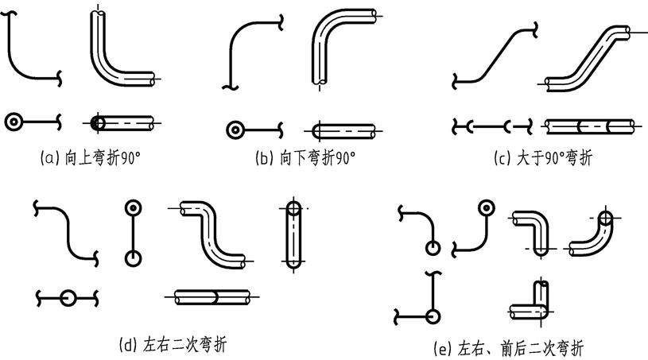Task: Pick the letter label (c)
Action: tap(502, 158)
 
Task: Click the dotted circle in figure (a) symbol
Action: tap(14, 122)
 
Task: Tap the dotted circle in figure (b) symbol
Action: tap(235, 130)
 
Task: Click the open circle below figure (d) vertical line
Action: tap(132, 258)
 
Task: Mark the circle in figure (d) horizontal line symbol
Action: tap(68, 298)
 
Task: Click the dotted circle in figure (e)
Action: tap(483, 209)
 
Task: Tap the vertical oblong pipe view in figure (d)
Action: tap(294, 237)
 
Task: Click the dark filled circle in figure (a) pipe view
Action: tap(97, 122)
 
